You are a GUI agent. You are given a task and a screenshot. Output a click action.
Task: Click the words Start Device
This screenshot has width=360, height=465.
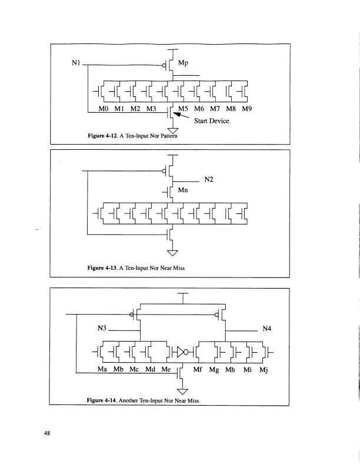tap(218, 121)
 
